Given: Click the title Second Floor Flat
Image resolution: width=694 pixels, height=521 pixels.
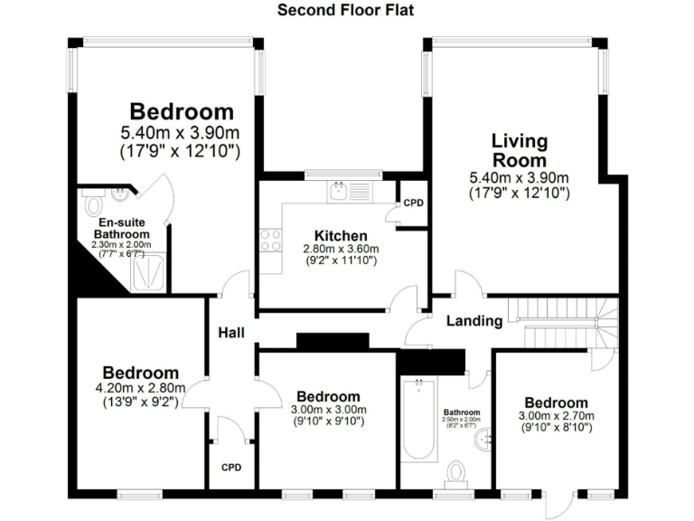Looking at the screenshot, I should point(346,11).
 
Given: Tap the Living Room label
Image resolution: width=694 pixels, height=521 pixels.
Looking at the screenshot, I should point(519,150).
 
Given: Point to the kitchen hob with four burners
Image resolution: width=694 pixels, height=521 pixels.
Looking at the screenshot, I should point(270,240).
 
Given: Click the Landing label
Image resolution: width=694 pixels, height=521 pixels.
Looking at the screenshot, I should point(474,321).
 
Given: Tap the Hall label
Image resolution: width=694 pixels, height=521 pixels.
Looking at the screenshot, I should point(231,333).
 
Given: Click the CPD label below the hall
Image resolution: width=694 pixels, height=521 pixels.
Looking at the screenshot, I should point(232,468).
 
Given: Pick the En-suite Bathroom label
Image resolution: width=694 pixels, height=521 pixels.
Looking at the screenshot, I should point(126,228).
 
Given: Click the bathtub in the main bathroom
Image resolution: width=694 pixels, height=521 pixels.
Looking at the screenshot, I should point(418,421).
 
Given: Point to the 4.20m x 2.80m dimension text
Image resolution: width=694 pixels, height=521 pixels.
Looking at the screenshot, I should point(140,388).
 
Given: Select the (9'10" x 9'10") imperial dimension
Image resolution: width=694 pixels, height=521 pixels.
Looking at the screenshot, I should point(328,422).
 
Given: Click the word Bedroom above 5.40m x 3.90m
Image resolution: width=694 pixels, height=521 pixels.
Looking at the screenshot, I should point(182,112).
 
